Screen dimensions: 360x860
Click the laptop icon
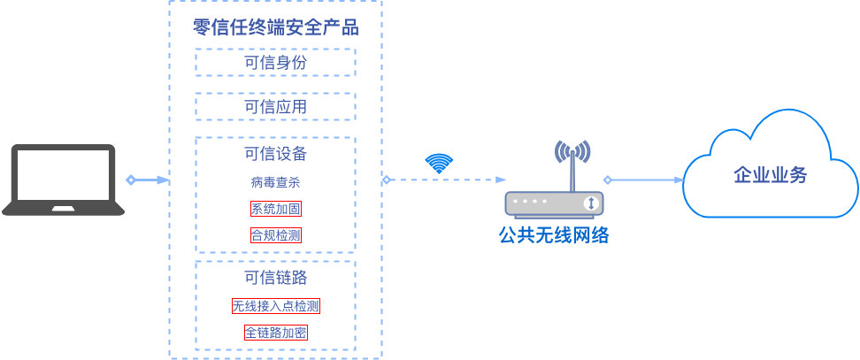[x=63, y=180]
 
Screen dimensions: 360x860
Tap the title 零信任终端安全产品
[x=275, y=27]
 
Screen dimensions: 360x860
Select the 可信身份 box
[x=275, y=63]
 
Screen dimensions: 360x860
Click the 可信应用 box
[x=275, y=107]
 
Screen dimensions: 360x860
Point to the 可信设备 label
[x=275, y=153]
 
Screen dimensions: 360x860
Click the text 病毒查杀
[x=275, y=182]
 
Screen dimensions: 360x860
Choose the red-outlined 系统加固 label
[x=275, y=210]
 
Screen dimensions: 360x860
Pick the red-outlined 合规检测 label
[x=275, y=236]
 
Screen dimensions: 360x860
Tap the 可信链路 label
[x=275, y=277]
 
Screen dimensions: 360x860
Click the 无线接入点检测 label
[x=275, y=307]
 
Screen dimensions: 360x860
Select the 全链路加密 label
[x=275, y=333]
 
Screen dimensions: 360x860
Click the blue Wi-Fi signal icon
[x=439, y=163]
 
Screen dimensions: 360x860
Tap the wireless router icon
[x=554, y=203]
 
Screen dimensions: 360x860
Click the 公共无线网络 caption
[x=554, y=235]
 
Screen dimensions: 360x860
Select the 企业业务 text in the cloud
[x=771, y=174]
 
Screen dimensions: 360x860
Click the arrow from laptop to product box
[x=148, y=180]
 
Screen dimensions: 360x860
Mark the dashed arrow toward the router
[x=442, y=180]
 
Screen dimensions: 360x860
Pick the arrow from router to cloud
[x=643, y=180]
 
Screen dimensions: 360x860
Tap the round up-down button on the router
[x=591, y=204]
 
